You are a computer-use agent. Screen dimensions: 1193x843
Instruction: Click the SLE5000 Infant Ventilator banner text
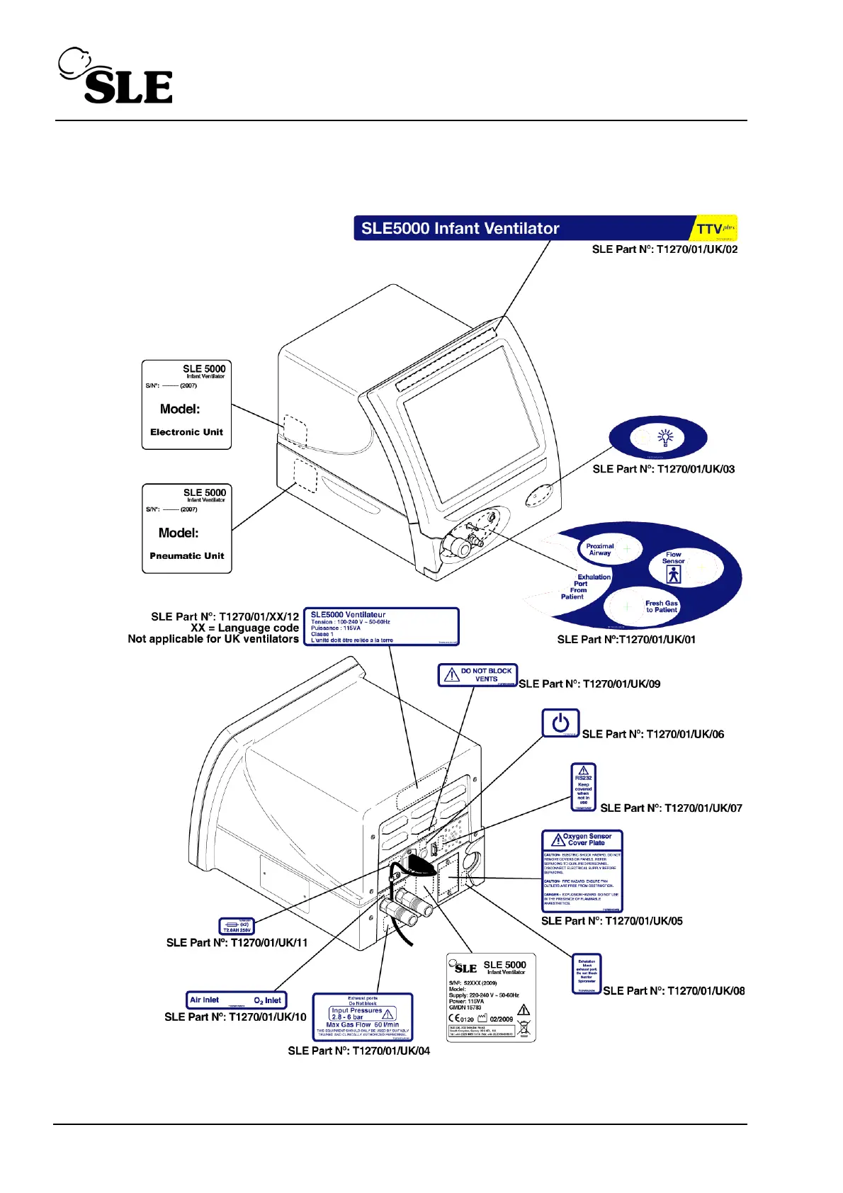point(460,228)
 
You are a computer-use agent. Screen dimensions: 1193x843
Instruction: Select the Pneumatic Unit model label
point(186,528)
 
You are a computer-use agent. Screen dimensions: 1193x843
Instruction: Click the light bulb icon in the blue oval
point(664,437)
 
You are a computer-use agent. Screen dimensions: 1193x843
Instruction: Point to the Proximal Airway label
point(599,549)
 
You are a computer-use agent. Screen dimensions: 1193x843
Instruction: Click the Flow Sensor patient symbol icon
point(674,575)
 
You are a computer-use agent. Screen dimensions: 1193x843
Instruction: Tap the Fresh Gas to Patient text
point(661,606)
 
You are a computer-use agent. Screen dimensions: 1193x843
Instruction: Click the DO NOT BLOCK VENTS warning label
point(477,674)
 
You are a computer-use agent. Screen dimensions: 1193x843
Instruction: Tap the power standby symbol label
point(560,723)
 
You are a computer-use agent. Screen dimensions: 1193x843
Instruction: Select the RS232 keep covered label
point(583,787)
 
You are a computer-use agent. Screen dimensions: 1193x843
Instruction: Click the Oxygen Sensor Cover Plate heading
point(587,839)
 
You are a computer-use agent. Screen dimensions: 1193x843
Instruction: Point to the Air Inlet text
point(204,1000)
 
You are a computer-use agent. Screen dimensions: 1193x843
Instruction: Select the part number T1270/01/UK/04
point(358,1051)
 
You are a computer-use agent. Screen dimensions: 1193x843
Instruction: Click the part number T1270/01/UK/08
point(674,991)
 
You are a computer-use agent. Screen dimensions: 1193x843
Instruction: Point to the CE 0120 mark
point(461,1019)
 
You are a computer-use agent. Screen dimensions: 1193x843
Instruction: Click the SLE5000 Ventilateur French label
point(381,626)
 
